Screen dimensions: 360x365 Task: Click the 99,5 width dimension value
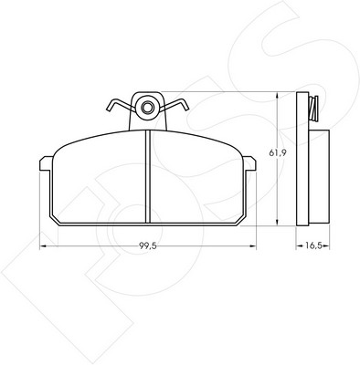148,245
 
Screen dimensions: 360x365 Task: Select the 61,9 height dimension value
277,153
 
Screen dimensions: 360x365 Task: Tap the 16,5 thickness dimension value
313,245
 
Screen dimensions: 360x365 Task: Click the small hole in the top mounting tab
147,107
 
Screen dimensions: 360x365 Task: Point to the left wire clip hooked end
110,106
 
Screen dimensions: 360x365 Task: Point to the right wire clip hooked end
185,105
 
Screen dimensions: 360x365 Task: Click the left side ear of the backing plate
46,163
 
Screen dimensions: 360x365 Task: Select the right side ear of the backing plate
249,163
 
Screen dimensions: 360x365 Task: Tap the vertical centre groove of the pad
148,176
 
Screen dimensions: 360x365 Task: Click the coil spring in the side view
313,109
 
